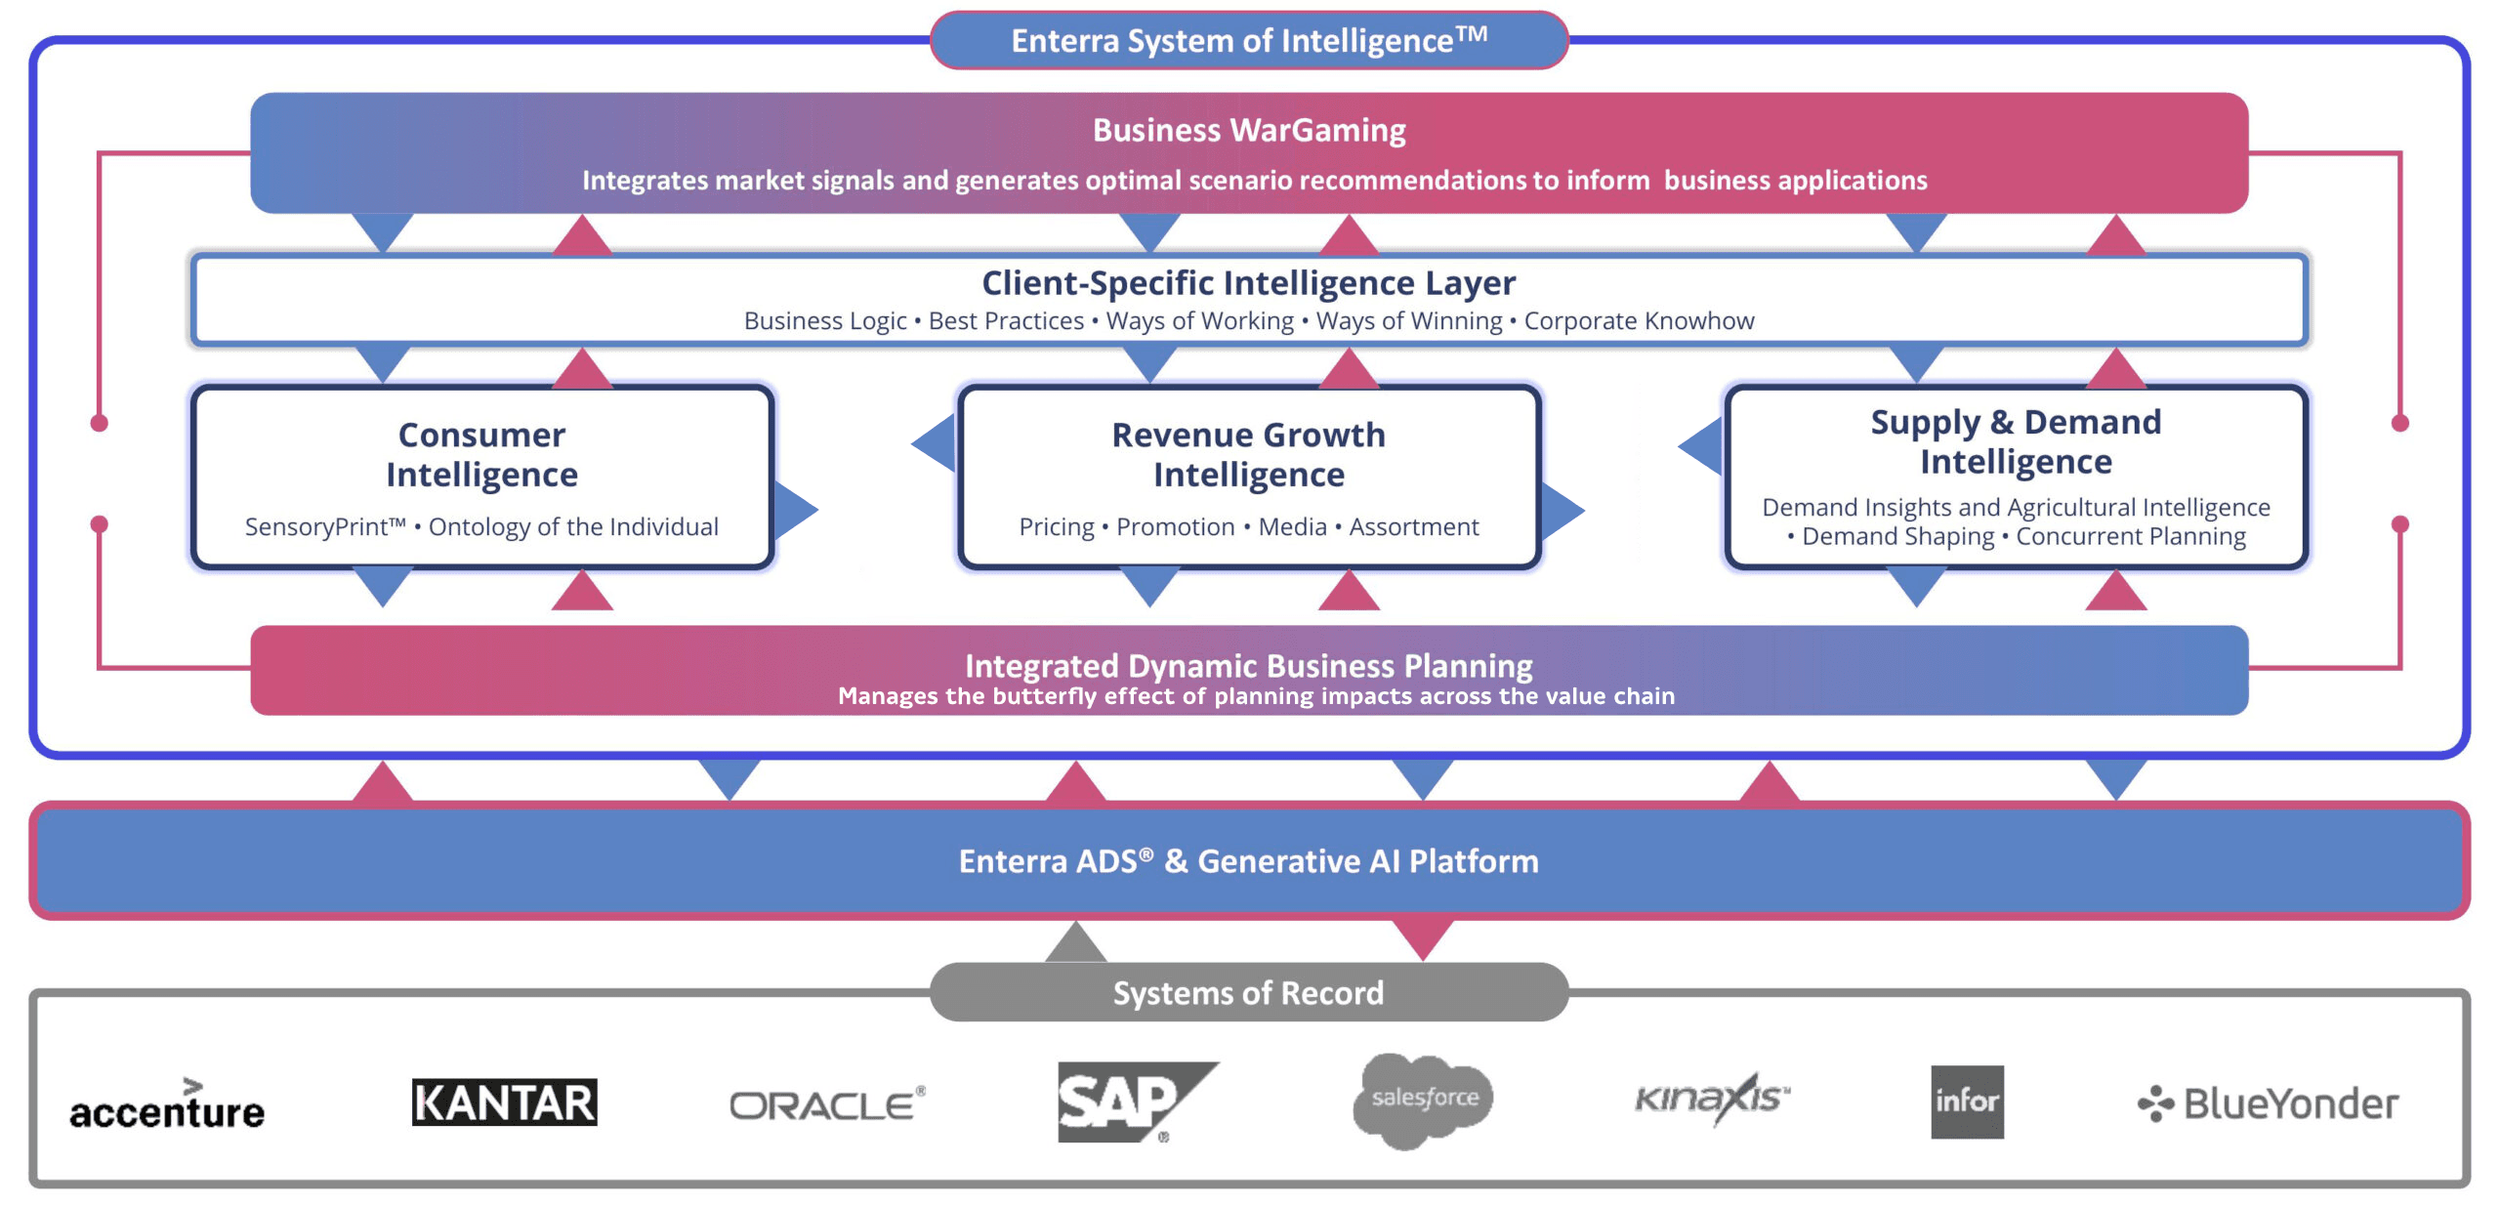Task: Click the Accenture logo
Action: pyautogui.click(x=167, y=1104)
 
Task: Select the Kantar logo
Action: pyautogui.click(x=504, y=1102)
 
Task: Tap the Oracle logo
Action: pyautogui.click(x=827, y=1103)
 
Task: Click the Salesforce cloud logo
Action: pyautogui.click(x=1424, y=1101)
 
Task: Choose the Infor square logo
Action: pyautogui.click(x=1967, y=1102)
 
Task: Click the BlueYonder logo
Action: pyautogui.click(x=2268, y=1103)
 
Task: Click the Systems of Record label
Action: pyautogui.click(x=1248, y=993)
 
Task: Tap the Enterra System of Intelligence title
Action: pyautogui.click(x=1249, y=40)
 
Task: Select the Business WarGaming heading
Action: pyautogui.click(x=1249, y=130)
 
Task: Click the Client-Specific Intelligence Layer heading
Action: pyautogui.click(x=1249, y=283)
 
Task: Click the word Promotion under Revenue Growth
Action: pyautogui.click(x=1176, y=527)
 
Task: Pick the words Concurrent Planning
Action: pyautogui.click(x=2131, y=536)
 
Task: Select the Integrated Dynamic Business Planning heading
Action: pyautogui.click(x=1249, y=666)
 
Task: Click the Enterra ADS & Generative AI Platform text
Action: pyautogui.click(x=1249, y=861)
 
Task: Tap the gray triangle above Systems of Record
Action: pyautogui.click(x=1075, y=943)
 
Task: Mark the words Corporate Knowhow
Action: pyautogui.click(x=1640, y=320)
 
